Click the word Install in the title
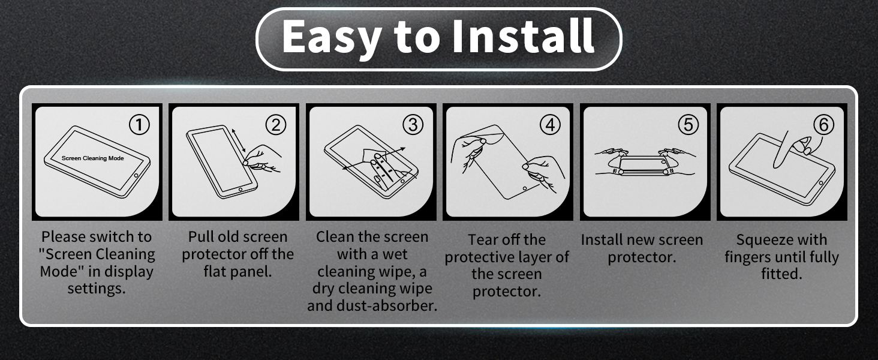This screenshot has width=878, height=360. pyautogui.click(x=524, y=36)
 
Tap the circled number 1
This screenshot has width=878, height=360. pyautogui.click(x=139, y=125)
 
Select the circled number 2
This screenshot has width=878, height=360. pyautogui.click(x=276, y=125)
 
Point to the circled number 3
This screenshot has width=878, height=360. pyautogui.click(x=413, y=125)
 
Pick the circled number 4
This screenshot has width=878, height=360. pyautogui.click(x=551, y=125)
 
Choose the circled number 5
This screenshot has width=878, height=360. pyautogui.click(x=688, y=125)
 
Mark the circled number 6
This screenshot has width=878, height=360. pyautogui.click(x=823, y=125)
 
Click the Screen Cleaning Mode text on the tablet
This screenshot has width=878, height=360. pyautogui.click(x=92, y=158)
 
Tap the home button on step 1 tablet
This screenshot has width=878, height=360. pyautogui.click(x=136, y=175)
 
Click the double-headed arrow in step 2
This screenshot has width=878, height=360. pyautogui.click(x=239, y=141)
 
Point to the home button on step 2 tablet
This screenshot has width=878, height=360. pyautogui.click(x=240, y=190)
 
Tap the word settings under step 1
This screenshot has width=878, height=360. pyautogui.click(x=97, y=289)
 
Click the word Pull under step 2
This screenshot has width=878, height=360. pyautogui.click(x=201, y=236)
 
